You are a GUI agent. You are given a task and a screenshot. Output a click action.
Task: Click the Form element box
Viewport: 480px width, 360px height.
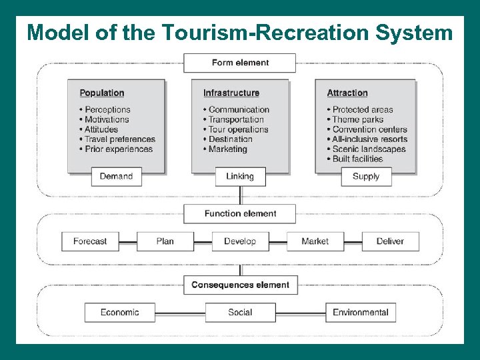(240, 63)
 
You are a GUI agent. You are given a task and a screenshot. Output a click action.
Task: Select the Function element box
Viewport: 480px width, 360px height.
(240, 213)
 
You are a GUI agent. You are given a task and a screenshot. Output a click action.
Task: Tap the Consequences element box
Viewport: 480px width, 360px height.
(240, 285)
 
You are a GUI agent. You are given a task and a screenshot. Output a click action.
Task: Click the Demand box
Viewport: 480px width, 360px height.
(116, 177)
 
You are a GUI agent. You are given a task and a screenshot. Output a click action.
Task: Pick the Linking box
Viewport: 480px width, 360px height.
(240, 177)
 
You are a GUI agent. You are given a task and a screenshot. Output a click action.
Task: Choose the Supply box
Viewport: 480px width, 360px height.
(365, 177)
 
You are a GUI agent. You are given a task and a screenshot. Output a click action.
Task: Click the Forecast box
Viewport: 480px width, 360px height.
(90, 241)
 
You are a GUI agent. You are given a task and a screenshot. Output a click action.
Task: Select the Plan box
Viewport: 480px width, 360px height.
(165, 241)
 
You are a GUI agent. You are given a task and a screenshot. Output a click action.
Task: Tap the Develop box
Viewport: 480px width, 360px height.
(240, 241)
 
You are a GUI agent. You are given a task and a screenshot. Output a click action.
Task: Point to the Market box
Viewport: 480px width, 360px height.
(315, 241)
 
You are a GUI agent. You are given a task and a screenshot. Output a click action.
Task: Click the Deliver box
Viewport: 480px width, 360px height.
(390, 241)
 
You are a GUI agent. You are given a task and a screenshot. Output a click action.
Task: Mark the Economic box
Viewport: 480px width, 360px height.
(120, 312)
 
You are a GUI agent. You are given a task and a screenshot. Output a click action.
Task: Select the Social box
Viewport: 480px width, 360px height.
(240, 312)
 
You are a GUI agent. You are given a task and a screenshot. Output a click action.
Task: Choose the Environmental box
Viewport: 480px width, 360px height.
(361, 312)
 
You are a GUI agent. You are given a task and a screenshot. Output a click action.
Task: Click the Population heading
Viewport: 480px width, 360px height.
(102, 93)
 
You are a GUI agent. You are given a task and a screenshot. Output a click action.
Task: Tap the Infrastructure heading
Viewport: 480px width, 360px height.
(231, 93)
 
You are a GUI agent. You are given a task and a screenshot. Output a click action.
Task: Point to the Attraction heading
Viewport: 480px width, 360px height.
(347, 93)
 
